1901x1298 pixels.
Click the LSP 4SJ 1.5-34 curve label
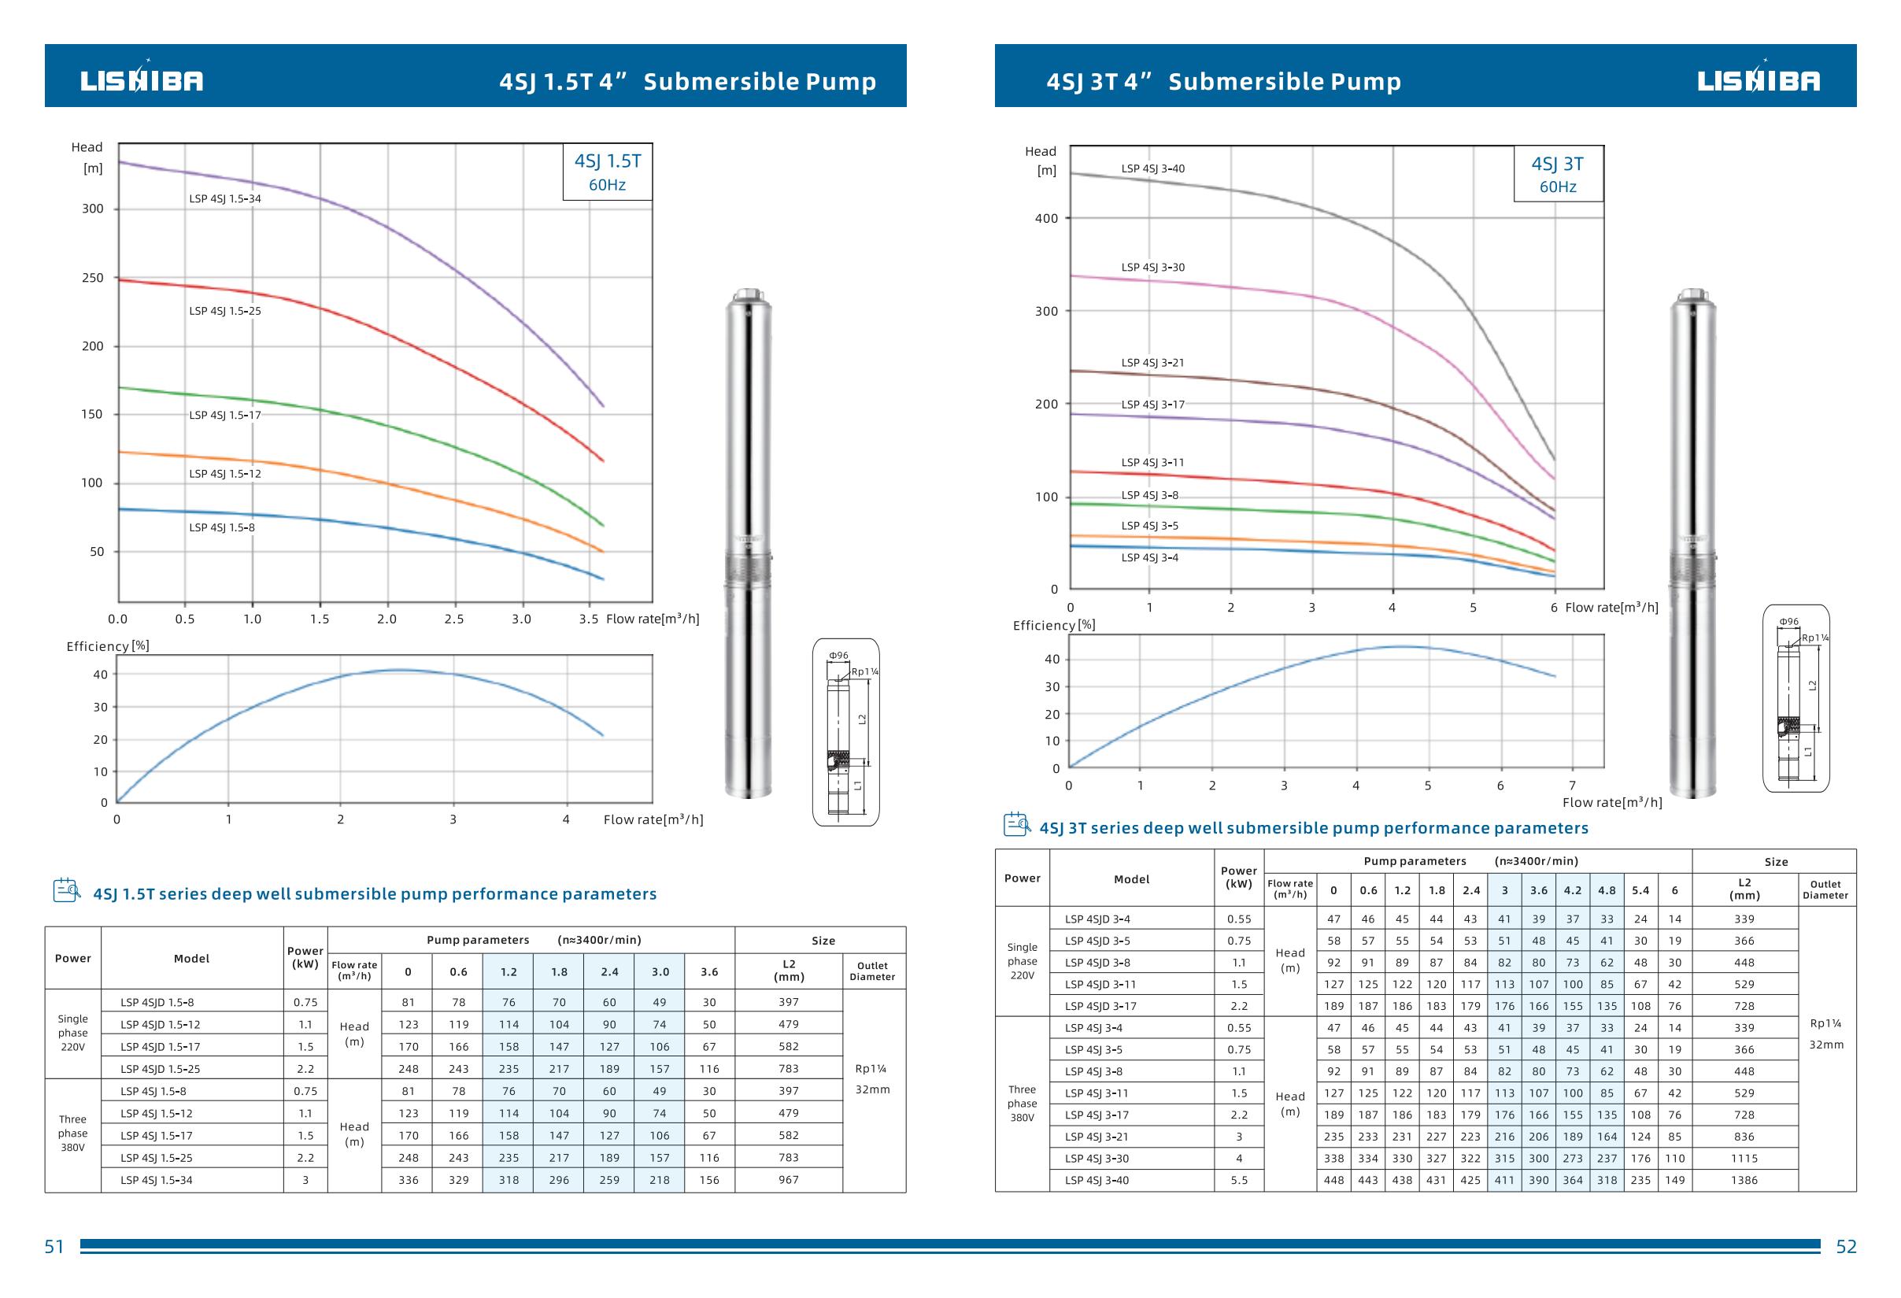tap(225, 198)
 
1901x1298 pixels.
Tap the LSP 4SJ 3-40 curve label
tap(1152, 169)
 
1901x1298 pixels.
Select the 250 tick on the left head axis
tap(92, 278)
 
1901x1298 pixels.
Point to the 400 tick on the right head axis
tap(1046, 218)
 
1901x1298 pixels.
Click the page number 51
tap(54, 1247)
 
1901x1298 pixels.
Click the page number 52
tap(1846, 1247)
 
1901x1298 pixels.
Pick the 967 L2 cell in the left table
tap(789, 1180)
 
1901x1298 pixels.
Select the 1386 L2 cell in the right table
tap(1744, 1180)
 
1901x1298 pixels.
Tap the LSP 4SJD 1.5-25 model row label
tap(161, 1069)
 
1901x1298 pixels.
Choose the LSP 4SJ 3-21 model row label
tap(1097, 1137)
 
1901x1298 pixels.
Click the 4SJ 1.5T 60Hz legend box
tap(607, 172)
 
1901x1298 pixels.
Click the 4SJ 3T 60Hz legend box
tap(1558, 174)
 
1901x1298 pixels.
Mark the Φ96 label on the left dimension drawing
tap(838, 656)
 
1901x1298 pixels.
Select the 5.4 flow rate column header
tap(1641, 891)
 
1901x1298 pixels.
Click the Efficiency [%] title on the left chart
tap(108, 646)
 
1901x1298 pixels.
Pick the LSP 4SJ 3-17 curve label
tap(1152, 405)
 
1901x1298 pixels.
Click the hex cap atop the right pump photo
tap(1693, 294)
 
